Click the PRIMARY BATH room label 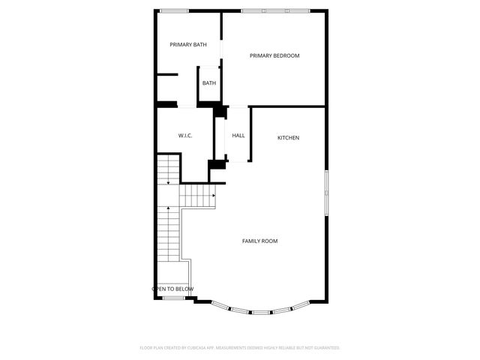coord(187,45)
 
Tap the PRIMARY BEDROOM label coord(274,55)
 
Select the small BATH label coord(209,83)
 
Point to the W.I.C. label coord(185,136)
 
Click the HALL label coord(238,136)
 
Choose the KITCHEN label coord(289,138)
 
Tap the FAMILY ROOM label coord(259,241)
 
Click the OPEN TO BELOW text coord(172,289)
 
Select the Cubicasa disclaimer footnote coord(240,348)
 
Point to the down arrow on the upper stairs coord(169,181)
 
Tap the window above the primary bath coord(175,10)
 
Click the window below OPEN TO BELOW coord(174,298)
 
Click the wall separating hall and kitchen coord(250,134)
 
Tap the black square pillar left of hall coord(220,111)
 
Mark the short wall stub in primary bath coord(167,74)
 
